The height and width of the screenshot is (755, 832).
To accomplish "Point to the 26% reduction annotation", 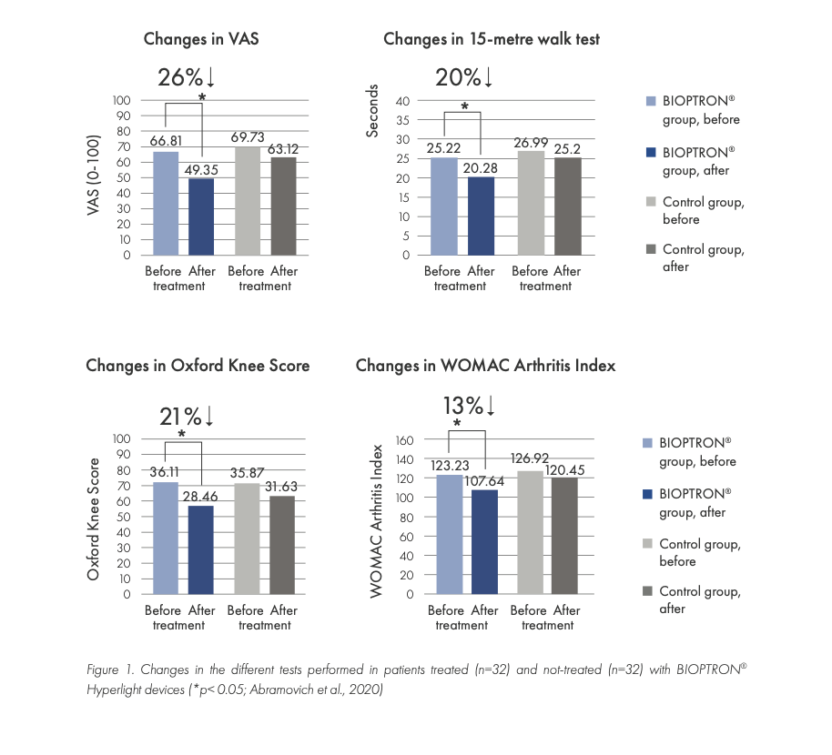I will (186, 78).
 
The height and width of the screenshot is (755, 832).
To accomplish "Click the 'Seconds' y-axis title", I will (372, 112).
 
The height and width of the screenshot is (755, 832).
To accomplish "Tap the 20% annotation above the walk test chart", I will (464, 78).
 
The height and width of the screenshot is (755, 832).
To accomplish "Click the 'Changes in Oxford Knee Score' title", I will (198, 366).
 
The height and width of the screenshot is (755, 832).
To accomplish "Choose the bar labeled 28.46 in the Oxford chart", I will (201, 549).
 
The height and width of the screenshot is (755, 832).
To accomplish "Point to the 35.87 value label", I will (247, 474).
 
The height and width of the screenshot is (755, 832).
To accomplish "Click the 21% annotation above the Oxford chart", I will (186, 418).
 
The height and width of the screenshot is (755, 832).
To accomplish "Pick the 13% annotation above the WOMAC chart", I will (468, 406).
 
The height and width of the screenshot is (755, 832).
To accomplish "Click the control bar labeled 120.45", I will (564, 536).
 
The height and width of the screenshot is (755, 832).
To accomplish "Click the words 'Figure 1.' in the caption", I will (109, 670).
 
